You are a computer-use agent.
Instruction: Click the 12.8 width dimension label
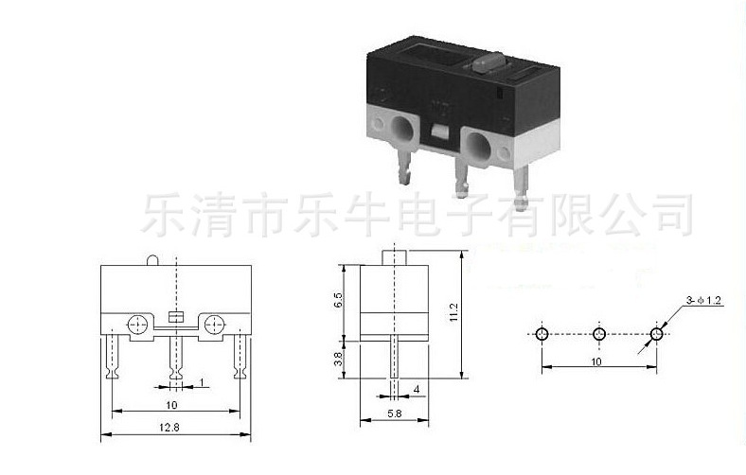point(176,428)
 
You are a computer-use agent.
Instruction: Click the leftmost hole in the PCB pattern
point(541,335)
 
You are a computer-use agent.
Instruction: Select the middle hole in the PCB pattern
point(598,335)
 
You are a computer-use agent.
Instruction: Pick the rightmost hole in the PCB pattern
point(656,335)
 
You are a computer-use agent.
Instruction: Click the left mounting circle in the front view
point(137,323)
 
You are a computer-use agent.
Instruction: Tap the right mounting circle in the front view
point(214,323)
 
